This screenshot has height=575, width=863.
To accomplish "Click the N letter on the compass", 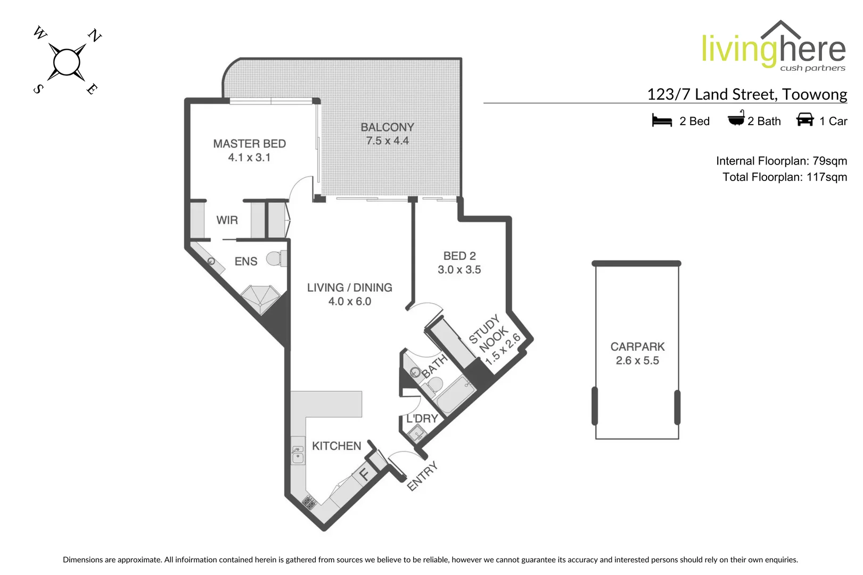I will click(x=94, y=36).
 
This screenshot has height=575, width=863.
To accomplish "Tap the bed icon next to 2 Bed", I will click(x=662, y=120).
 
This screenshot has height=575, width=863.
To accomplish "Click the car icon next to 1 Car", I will click(x=804, y=119).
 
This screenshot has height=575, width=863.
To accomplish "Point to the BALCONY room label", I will click(x=387, y=127).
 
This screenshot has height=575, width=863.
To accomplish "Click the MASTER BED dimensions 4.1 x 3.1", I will click(x=249, y=158).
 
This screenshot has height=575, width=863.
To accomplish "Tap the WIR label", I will click(x=227, y=220).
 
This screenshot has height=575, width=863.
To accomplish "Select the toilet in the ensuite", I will click(x=275, y=259).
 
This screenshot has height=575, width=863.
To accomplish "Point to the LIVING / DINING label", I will click(x=349, y=287).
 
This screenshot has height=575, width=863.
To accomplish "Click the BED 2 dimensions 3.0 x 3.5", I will click(x=459, y=270).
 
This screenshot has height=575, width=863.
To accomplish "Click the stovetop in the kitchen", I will click(x=309, y=501).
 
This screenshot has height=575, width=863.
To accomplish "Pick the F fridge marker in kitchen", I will click(x=365, y=473).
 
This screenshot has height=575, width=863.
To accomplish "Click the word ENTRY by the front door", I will click(x=422, y=475).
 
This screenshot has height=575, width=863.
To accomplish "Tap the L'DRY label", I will click(x=422, y=418).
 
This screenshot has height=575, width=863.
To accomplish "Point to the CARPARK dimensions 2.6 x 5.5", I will click(x=637, y=360).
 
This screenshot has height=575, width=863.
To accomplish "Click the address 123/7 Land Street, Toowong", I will click(x=746, y=94).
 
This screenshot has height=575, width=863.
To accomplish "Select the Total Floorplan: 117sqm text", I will click(x=784, y=177).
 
